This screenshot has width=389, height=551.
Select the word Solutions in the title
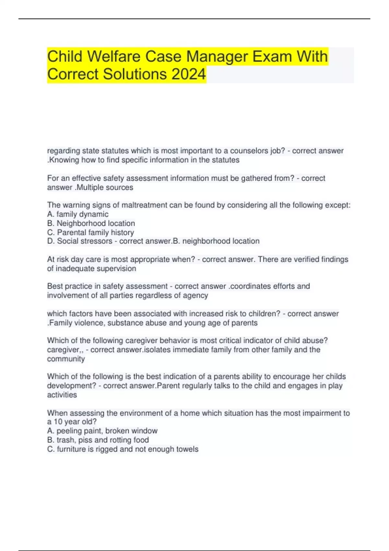coord(135,74)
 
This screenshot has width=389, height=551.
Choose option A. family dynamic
coord(78,214)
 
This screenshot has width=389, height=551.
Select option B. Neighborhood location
coord(91,223)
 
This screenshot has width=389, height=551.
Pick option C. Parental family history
coord(90,232)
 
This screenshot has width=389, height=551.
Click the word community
coord(66,359)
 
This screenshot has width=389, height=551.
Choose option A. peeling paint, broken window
coord(102,431)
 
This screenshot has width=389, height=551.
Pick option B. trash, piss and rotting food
coord(98,440)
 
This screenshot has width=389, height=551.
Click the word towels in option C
coord(187,449)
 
